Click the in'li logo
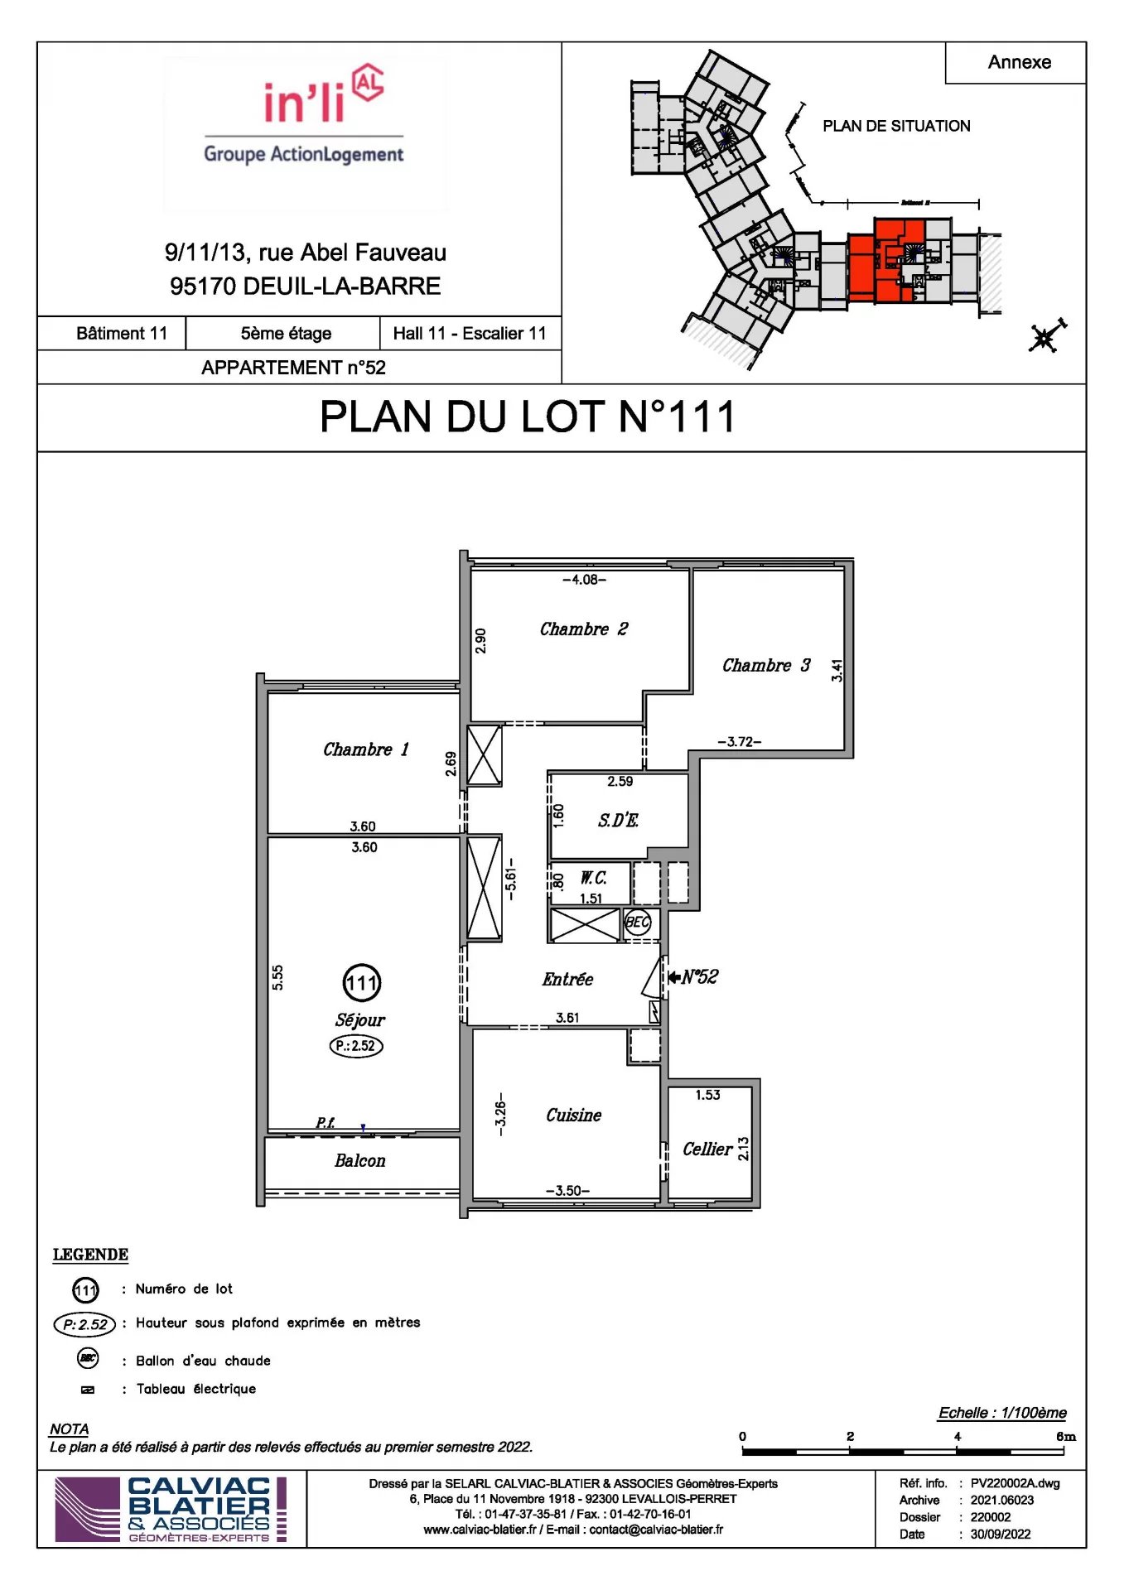pyautogui.click(x=305, y=116)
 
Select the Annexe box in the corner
pyautogui.click(x=1018, y=63)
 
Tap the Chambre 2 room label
pyautogui.click(x=583, y=629)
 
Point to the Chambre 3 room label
pyautogui.click(x=765, y=666)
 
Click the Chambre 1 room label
pyautogui.click(x=365, y=749)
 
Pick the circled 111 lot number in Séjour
pyautogui.click(x=361, y=983)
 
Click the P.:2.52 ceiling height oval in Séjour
pyautogui.click(x=356, y=1046)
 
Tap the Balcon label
pyautogui.click(x=359, y=1161)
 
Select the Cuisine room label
pyautogui.click(x=573, y=1115)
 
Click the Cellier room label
pyautogui.click(x=707, y=1149)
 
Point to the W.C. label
pyautogui.click(x=593, y=878)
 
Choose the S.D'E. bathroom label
pyautogui.click(x=618, y=821)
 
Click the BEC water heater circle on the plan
pyautogui.click(x=637, y=923)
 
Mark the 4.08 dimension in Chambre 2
pyautogui.click(x=584, y=580)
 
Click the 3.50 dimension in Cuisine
pyautogui.click(x=567, y=1191)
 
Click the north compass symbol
pyautogui.click(x=1045, y=337)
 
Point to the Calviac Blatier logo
pyautogui.click(x=171, y=1510)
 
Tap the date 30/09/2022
pyautogui.click(x=1001, y=1535)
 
